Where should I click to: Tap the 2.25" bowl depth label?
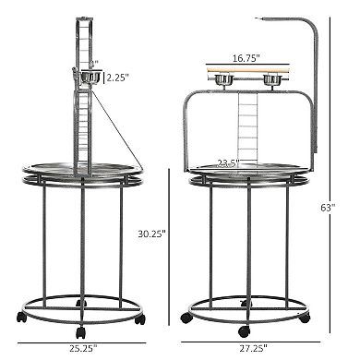(x=120, y=78)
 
